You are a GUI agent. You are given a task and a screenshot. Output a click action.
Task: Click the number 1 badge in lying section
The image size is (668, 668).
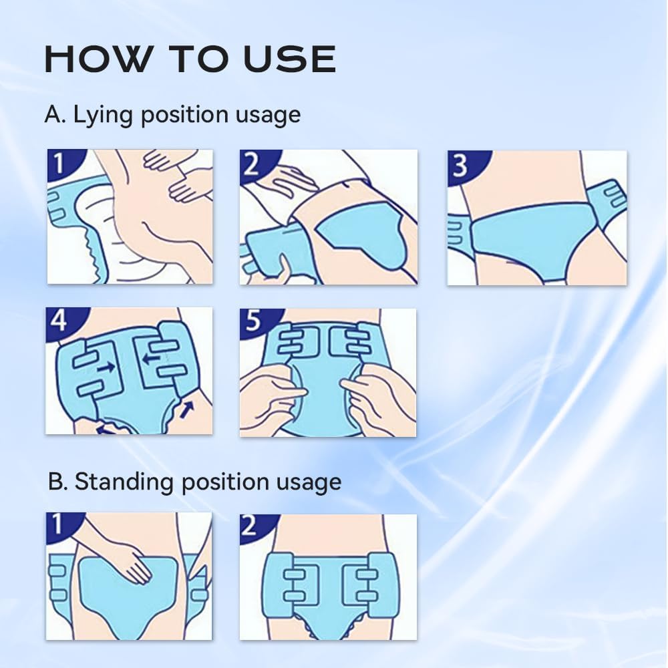pos(60,162)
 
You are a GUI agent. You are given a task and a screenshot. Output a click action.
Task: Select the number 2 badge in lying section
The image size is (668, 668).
pos(253,162)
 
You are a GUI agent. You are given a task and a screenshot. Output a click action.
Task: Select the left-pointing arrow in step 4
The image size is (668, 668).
pos(152,359)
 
